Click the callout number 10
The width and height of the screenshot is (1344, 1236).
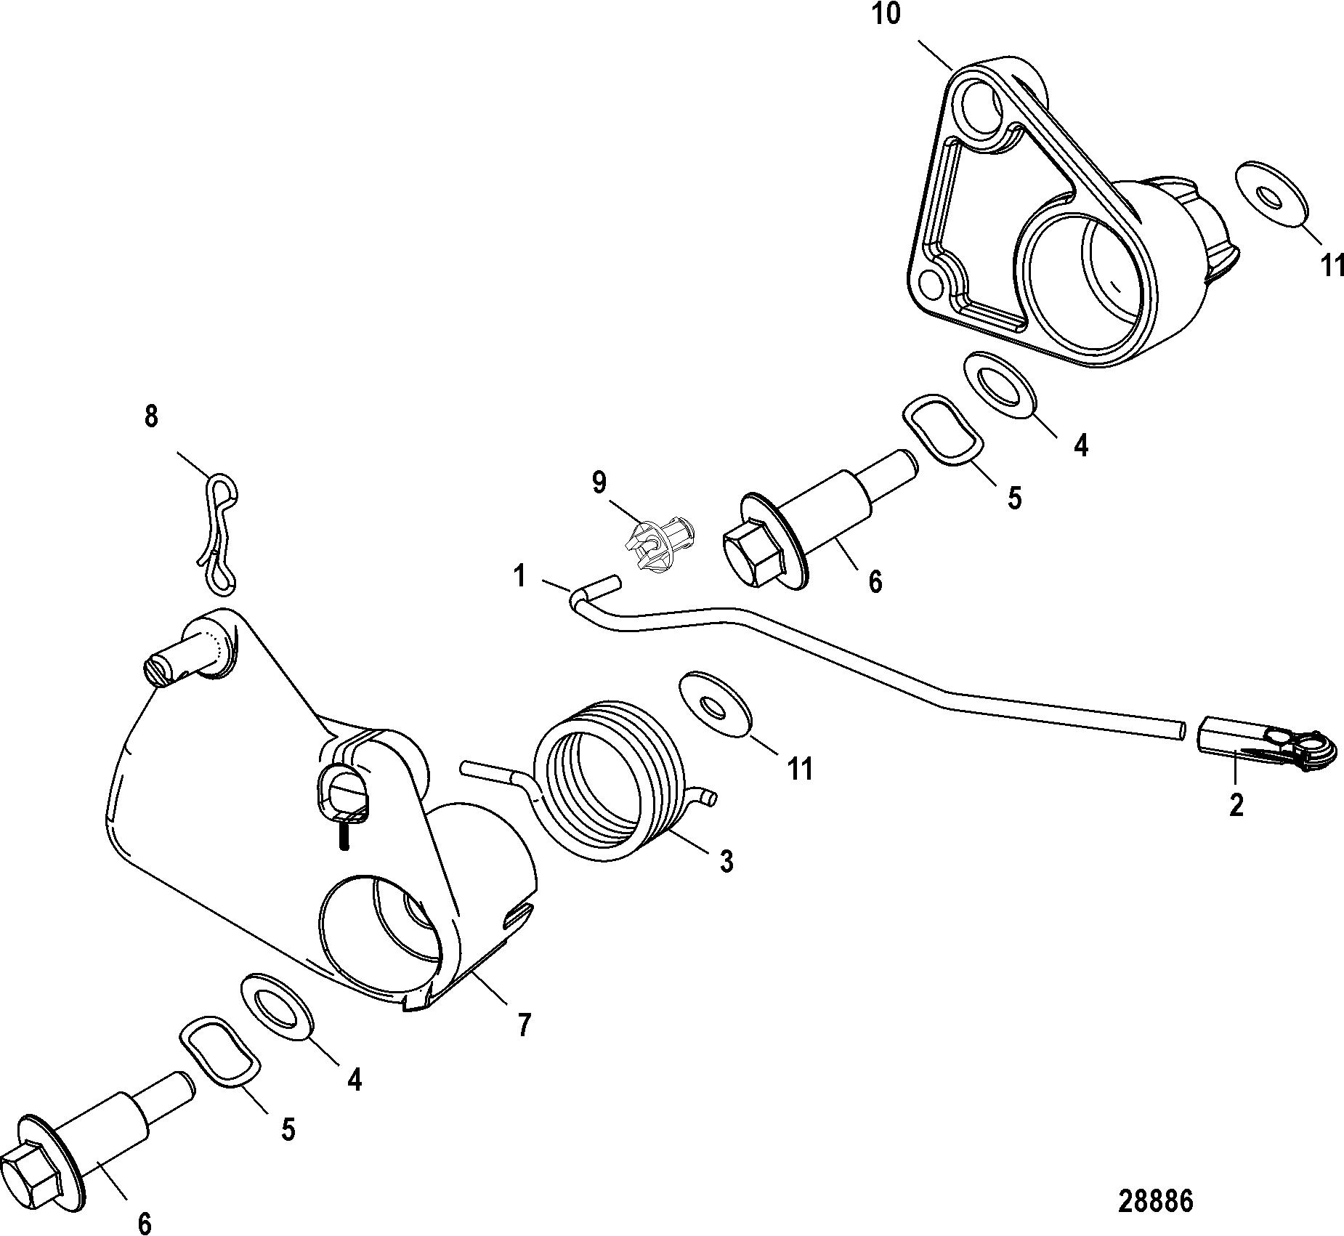pos(886,15)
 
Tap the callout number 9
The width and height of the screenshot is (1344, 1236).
pos(599,482)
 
